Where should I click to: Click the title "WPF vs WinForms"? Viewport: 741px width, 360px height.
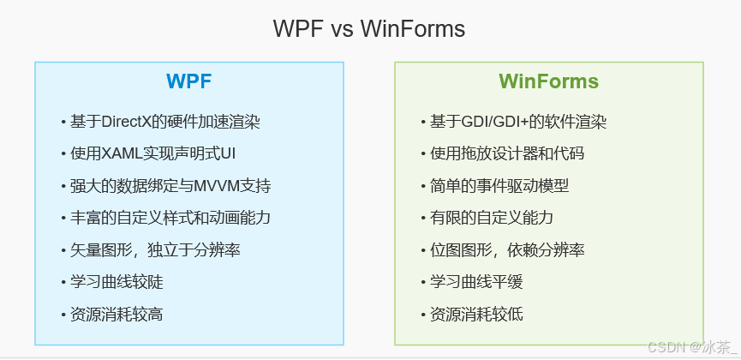[x=369, y=29]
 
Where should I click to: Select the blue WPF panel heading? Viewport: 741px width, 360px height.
[x=188, y=82]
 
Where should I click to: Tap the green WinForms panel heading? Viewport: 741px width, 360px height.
[x=548, y=82]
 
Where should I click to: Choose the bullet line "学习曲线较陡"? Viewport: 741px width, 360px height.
[x=116, y=282]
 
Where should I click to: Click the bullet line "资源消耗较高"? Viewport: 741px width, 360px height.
[x=116, y=315]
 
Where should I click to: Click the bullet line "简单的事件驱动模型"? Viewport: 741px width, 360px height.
[x=499, y=186]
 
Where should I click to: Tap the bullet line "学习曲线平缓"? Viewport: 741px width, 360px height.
[x=475, y=282]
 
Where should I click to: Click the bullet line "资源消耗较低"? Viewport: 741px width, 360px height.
[x=475, y=315]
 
